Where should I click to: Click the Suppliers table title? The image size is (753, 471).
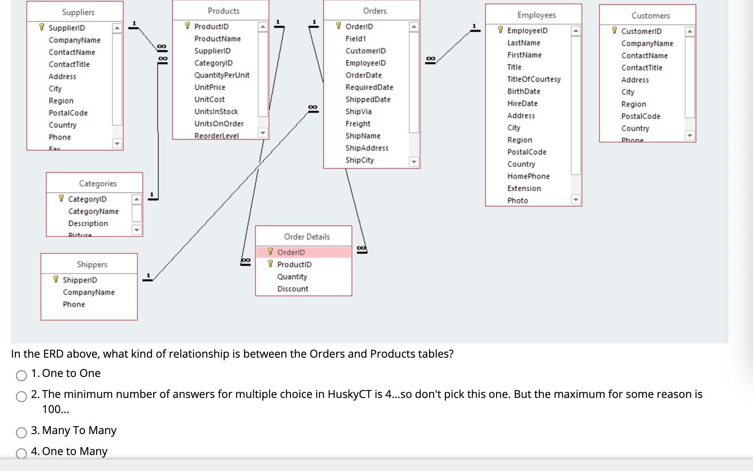(x=78, y=12)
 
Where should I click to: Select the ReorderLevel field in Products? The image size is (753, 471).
(x=216, y=136)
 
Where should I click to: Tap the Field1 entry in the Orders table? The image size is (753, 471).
(x=356, y=39)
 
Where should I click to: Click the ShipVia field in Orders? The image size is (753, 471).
(x=358, y=112)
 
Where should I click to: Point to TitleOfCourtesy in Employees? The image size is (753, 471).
(x=533, y=79)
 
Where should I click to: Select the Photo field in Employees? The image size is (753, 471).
(x=518, y=201)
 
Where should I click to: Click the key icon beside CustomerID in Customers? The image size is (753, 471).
(x=614, y=31)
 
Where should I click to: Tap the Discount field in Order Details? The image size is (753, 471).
(x=293, y=289)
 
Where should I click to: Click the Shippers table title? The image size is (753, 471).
(x=92, y=264)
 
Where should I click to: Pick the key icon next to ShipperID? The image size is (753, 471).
(x=56, y=280)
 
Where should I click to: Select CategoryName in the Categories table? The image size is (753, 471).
(x=93, y=212)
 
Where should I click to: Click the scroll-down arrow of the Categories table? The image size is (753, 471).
(x=136, y=230)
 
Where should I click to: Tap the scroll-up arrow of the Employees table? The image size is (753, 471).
(x=576, y=31)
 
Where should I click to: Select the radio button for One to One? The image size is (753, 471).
(x=21, y=376)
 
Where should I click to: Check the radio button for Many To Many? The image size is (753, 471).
(x=21, y=433)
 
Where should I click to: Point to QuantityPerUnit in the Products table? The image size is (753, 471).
(x=222, y=75)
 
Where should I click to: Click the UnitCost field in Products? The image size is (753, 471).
(x=209, y=99)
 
